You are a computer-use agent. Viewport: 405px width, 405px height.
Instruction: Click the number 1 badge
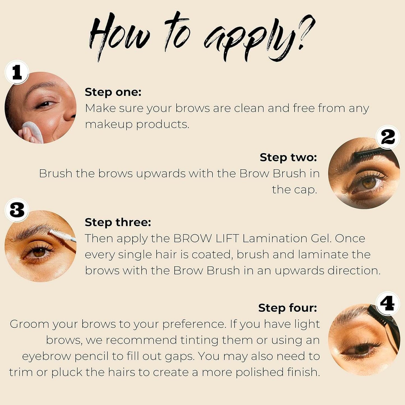pos(17,72)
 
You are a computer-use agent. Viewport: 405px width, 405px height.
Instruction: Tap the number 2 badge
pos(388,137)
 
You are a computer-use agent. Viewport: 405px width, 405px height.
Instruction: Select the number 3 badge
pos(17,210)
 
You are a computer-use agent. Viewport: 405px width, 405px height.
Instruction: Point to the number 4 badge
pos(388,304)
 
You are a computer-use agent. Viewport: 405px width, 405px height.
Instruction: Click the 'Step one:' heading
pos(113,92)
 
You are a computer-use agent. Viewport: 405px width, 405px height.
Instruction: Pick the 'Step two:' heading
pos(288,157)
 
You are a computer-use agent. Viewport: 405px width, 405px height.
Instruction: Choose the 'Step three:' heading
pos(118,222)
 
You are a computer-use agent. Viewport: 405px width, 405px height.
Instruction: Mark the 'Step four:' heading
pos(287,308)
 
